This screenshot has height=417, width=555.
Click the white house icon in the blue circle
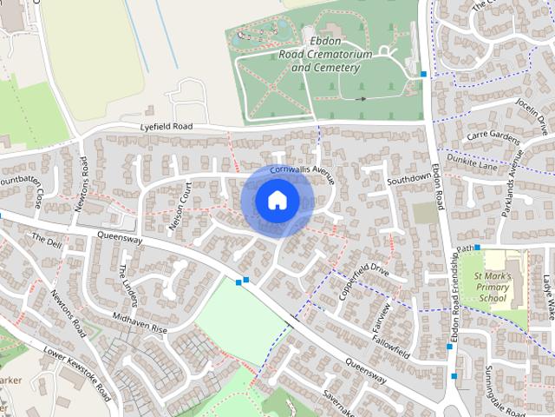[277, 201]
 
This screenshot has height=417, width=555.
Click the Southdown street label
[408, 179]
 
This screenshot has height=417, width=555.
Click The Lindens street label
[128, 285]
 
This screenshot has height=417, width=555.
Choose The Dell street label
[47, 241]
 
